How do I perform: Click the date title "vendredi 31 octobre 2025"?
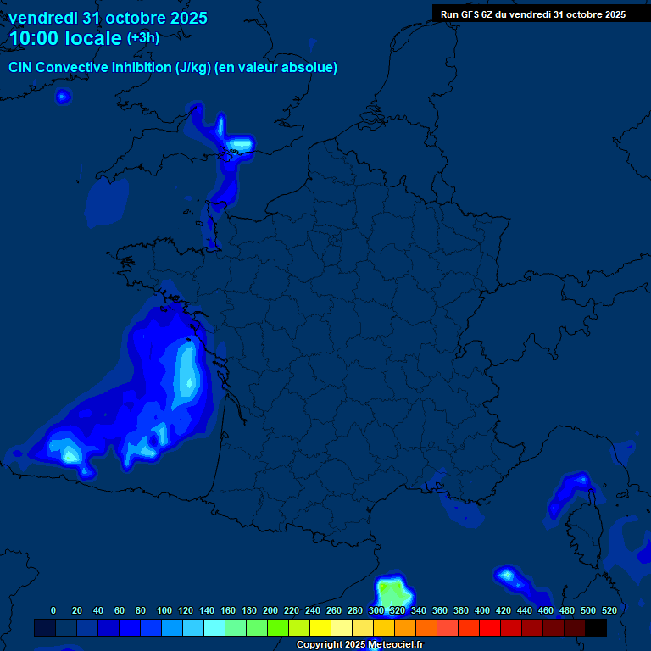[x=108, y=18]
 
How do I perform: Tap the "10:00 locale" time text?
[x=65, y=38]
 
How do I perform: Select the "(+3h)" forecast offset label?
[x=142, y=38]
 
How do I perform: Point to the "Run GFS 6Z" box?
[x=533, y=14]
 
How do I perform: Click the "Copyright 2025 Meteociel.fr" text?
[x=359, y=645]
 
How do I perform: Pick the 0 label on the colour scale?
[x=53, y=610]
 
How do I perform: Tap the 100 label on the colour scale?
[x=164, y=610]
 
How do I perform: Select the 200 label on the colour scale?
[x=270, y=610]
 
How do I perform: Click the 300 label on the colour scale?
[x=376, y=610]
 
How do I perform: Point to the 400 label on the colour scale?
[x=482, y=610]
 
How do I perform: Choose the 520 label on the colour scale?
[x=609, y=610]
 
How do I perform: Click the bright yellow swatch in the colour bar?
[x=320, y=628]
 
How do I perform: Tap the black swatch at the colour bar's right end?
[x=596, y=628]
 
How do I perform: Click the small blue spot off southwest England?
[x=62, y=97]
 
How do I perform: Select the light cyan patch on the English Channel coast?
[x=241, y=146]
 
